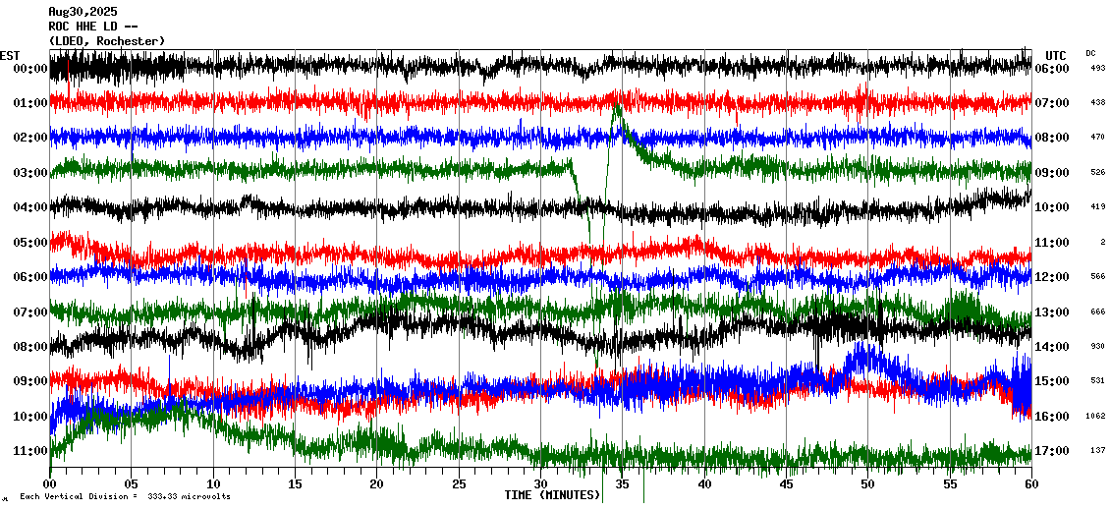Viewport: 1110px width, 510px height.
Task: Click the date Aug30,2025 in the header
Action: pos(83,11)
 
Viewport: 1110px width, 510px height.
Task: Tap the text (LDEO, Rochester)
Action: pos(106,40)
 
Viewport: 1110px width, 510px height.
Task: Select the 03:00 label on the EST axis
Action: pos(30,173)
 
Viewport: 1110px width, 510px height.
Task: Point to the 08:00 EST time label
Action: pos(30,347)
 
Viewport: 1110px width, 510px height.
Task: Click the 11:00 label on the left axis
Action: pos(30,451)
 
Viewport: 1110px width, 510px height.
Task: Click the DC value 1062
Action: pos(1096,417)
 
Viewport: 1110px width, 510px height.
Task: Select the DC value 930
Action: pos(1097,347)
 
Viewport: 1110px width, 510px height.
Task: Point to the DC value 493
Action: pos(1097,68)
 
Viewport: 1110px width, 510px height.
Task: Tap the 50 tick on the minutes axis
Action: pos(867,484)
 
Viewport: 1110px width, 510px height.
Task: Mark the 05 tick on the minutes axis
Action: pos(132,484)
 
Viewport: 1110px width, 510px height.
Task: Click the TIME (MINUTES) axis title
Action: pos(553,495)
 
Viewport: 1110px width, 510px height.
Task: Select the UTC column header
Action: pos(1055,55)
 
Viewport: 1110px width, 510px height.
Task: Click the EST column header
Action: pos(10,55)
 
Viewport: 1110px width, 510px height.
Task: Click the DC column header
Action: pos(1090,53)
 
